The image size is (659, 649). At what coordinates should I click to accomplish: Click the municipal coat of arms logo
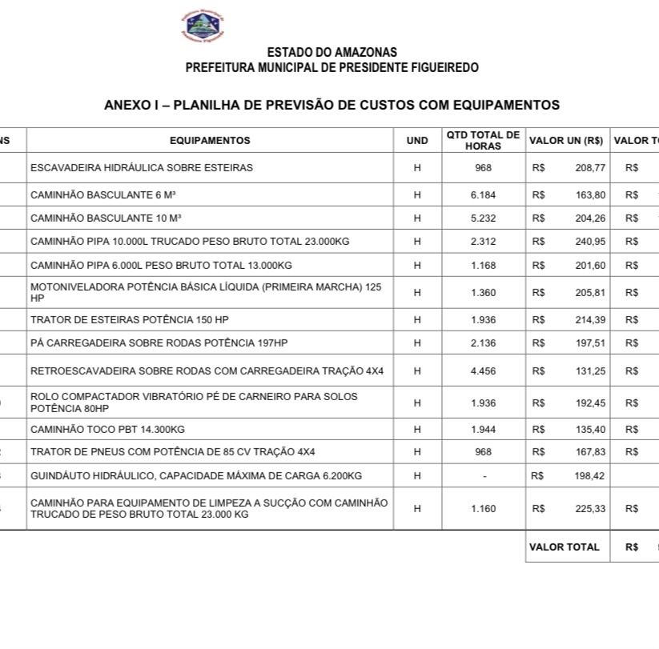pos(203,26)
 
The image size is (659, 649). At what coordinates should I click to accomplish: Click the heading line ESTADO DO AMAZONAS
pos(332,53)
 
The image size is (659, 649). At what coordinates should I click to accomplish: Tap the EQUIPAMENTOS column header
pos(210,141)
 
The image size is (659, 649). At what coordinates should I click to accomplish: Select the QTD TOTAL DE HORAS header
pos(483,141)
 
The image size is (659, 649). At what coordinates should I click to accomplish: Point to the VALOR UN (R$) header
pos(566,141)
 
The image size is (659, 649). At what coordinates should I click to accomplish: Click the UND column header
pos(417,141)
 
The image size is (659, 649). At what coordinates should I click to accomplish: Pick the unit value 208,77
pos(590,168)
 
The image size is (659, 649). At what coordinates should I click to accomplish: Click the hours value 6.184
pos(483,195)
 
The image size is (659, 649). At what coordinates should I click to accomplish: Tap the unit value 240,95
pos(590,242)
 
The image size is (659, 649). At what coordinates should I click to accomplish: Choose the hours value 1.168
pos(483,266)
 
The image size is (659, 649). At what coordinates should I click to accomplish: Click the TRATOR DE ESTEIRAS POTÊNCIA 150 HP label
pos(129,320)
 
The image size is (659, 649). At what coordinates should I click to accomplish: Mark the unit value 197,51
pos(590,343)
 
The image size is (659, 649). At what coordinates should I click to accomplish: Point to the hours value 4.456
pos(483,371)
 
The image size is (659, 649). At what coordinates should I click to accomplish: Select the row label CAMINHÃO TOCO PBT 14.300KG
pos(107,430)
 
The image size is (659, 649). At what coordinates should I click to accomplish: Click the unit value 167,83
pos(590,452)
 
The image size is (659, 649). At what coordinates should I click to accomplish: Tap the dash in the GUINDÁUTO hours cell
pos(483,476)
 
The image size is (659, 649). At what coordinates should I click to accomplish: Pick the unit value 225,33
pos(590,509)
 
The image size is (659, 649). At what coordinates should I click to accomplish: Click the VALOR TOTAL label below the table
pos(565,547)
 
